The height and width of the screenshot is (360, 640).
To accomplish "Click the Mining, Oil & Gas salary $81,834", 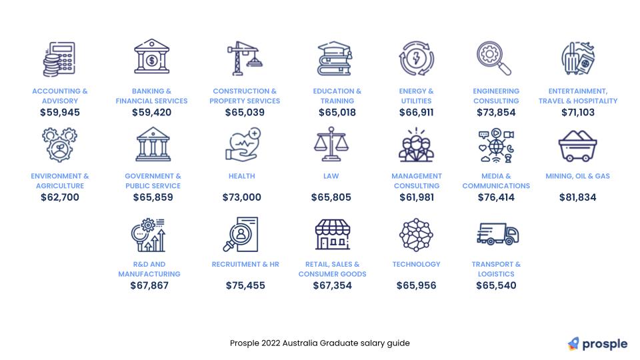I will click(577, 197).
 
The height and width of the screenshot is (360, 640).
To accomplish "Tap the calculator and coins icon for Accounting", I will click(59, 59).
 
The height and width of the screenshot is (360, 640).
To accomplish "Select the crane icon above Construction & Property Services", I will click(244, 58).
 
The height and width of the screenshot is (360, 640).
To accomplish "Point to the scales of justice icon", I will click(331, 145).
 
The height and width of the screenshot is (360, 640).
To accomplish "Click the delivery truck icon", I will click(497, 233).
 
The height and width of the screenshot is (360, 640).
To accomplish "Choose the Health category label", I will click(241, 176).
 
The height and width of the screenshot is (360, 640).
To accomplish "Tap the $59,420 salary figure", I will click(151, 112).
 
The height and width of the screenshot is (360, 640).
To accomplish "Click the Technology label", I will click(416, 264).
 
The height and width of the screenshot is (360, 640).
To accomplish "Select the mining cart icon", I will click(577, 145).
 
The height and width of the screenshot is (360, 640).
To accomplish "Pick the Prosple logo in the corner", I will click(597, 344).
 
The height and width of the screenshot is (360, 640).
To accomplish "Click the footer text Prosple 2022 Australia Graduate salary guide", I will click(320, 343).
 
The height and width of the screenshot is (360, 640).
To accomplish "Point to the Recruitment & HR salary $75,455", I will click(245, 285).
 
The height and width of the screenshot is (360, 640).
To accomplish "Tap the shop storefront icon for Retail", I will click(332, 234).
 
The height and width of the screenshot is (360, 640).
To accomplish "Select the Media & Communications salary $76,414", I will click(496, 197).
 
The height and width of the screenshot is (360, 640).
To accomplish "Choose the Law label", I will click(331, 176).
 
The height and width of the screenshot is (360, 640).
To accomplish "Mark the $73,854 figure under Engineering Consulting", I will click(496, 112).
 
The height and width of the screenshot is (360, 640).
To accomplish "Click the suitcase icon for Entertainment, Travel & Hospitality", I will click(577, 59).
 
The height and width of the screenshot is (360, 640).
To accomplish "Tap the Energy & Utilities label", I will click(416, 96).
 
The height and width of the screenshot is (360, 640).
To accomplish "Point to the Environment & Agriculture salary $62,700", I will click(60, 197).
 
